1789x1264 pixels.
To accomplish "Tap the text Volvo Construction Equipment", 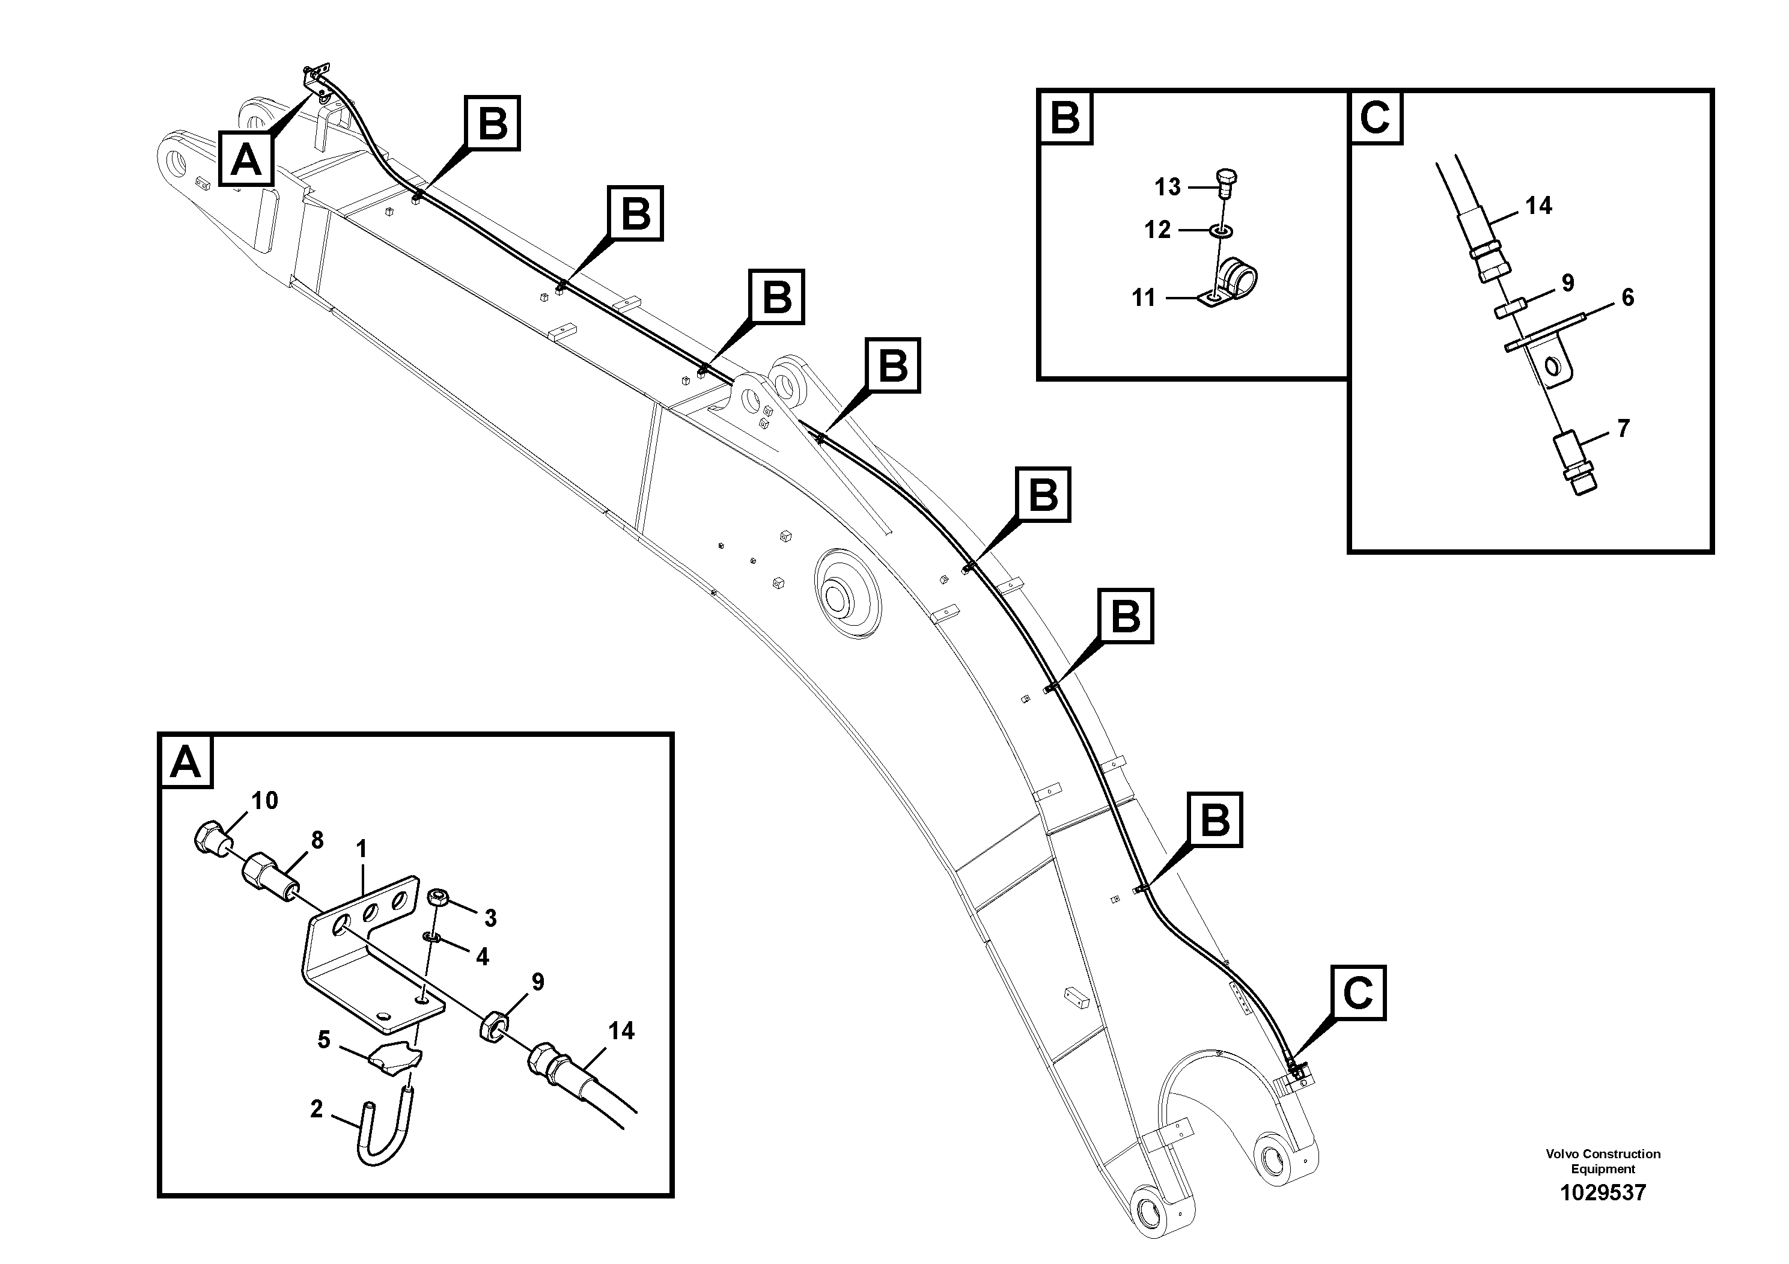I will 1603,1161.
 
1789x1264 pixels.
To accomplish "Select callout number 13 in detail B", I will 1167,187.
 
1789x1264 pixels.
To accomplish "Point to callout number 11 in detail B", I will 1143,298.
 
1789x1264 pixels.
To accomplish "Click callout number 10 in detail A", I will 264,801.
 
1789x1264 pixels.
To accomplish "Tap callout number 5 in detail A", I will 323,1040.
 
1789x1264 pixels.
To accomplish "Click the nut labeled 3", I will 437,899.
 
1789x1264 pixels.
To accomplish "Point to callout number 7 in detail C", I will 1623,429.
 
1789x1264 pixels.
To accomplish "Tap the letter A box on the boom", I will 246,160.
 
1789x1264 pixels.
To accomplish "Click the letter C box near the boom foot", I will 1358,993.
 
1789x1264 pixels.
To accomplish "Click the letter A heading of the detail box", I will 186,762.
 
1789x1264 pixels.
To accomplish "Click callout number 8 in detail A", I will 316,840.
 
